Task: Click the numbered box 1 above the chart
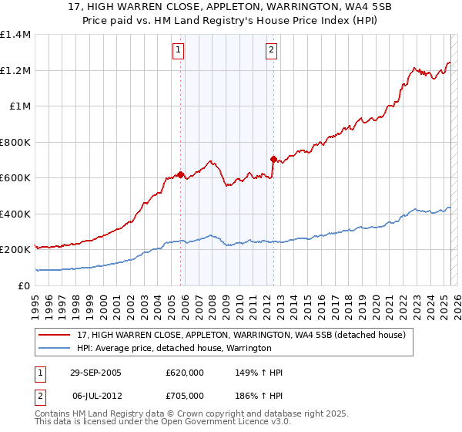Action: [179, 51]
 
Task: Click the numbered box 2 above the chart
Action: [272, 51]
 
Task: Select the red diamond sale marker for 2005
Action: [181, 174]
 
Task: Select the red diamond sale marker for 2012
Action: [273, 159]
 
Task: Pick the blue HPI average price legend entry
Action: [173, 349]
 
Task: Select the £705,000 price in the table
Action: [185, 395]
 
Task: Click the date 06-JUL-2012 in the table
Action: [97, 395]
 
